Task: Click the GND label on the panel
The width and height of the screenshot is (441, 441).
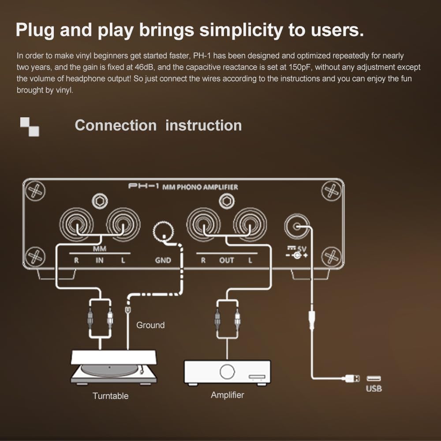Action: (163, 260)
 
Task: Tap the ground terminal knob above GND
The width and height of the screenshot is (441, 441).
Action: (163, 231)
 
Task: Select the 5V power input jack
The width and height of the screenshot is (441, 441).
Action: (296, 226)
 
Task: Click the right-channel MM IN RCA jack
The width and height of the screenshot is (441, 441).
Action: (76, 224)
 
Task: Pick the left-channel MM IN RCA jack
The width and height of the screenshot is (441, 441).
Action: (123, 224)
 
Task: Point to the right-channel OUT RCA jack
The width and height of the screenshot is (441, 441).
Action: (203, 224)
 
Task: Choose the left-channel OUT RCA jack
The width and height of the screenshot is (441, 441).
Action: (250, 224)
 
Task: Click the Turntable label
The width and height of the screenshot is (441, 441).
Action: (111, 396)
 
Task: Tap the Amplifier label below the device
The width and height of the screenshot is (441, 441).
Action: (228, 395)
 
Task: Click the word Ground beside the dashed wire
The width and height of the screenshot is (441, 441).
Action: (150, 325)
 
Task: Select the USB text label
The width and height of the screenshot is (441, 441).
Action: (374, 389)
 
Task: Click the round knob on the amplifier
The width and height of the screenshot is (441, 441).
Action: (227, 371)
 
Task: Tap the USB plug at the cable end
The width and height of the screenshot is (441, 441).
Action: (353, 378)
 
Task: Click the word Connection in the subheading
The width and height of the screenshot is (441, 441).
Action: (116, 125)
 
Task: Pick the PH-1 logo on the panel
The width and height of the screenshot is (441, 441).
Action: (144, 186)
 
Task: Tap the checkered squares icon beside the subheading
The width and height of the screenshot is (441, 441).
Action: (30, 127)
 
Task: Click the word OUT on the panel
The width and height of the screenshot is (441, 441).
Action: (226, 260)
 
